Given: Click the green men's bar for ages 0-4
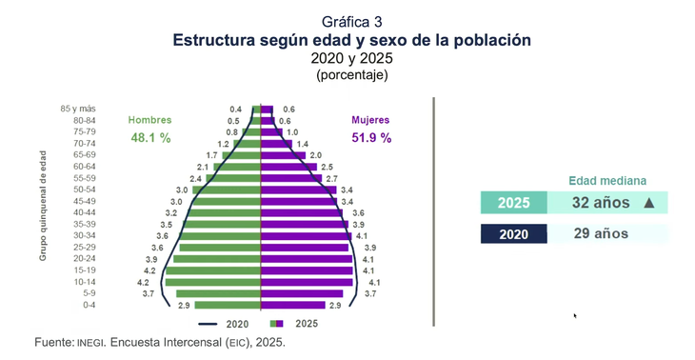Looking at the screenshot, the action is click(x=228, y=305).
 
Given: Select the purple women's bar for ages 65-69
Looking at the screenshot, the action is click(x=283, y=155).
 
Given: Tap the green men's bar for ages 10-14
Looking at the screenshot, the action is click(x=212, y=282).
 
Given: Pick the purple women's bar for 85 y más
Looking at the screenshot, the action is click(x=267, y=110).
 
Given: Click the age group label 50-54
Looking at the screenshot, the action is click(x=86, y=190).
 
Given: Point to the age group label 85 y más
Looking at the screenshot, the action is click(x=78, y=109).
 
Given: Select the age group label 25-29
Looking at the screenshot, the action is click(x=86, y=247).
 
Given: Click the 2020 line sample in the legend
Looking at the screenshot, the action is click(x=208, y=324).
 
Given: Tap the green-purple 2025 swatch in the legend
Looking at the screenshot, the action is click(x=277, y=324).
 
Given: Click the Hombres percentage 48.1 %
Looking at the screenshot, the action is click(x=150, y=138).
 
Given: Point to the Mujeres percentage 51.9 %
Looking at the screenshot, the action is click(x=371, y=138).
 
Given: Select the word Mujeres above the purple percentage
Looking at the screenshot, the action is click(x=370, y=120).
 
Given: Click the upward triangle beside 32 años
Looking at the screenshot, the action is click(x=649, y=203).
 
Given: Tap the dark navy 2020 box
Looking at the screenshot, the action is click(x=514, y=233).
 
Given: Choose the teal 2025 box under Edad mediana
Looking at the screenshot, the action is click(x=514, y=203).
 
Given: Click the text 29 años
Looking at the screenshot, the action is click(x=601, y=233).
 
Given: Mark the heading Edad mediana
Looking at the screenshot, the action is click(x=607, y=181).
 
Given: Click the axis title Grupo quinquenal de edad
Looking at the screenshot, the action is click(x=43, y=206).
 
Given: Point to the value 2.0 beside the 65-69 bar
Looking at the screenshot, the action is click(x=315, y=155).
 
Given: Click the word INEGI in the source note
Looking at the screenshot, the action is click(x=91, y=343).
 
